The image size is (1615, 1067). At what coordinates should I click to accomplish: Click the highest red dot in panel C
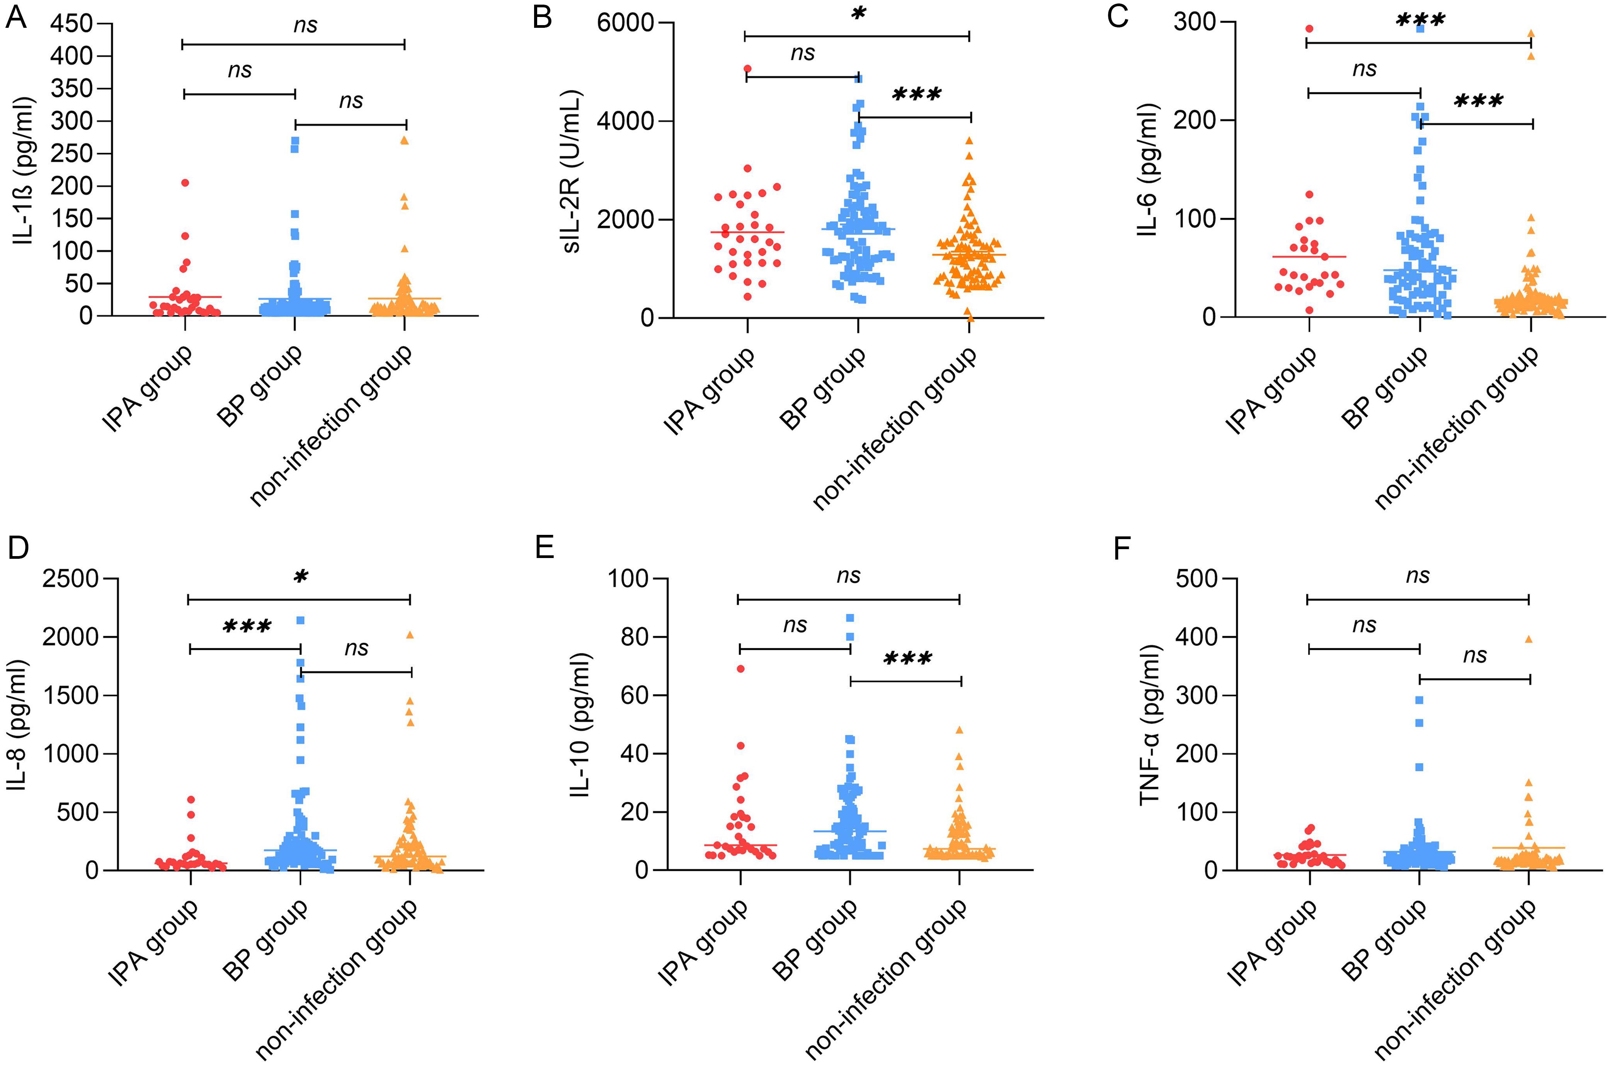pyautogui.click(x=1309, y=29)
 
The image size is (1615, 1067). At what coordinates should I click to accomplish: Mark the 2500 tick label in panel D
pyautogui.click(x=70, y=579)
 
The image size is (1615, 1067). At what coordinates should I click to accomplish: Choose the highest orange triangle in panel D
pyautogui.click(x=410, y=635)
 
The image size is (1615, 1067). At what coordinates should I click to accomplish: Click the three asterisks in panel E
pyautogui.click(x=907, y=659)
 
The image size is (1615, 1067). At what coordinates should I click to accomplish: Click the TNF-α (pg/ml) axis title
pyautogui.click(x=1149, y=725)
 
